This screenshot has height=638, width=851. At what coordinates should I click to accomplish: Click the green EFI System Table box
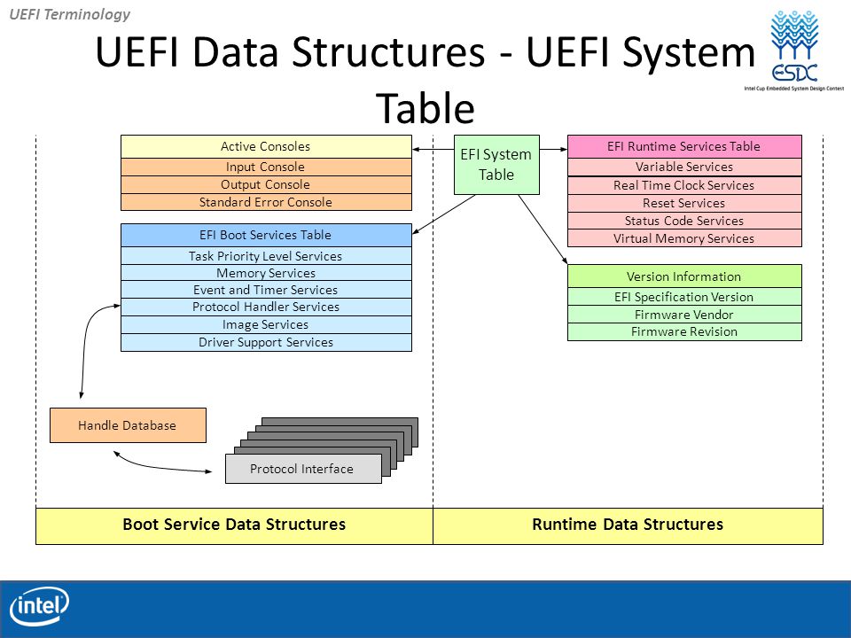click(496, 165)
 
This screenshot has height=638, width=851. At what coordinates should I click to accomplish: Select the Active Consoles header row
click(266, 146)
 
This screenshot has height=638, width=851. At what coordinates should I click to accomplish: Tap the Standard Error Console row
click(266, 202)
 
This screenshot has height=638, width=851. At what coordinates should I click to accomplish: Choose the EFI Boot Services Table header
click(266, 235)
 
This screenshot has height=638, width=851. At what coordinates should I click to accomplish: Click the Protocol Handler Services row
click(266, 307)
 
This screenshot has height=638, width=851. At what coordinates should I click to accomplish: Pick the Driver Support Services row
click(266, 342)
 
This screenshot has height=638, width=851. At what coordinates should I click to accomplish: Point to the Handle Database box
click(128, 425)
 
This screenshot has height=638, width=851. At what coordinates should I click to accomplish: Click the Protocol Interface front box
click(303, 469)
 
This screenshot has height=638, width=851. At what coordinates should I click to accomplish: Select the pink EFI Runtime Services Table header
click(684, 146)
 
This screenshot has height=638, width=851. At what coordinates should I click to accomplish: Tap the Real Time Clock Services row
click(684, 185)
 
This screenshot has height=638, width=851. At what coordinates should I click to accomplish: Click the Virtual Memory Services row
click(684, 238)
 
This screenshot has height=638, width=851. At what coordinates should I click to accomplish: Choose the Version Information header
click(684, 276)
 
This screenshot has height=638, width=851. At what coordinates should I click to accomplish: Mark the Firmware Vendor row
click(684, 315)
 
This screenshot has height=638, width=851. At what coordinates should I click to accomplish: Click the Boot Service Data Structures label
click(234, 525)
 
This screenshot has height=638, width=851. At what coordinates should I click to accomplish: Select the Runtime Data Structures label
click(628, 525)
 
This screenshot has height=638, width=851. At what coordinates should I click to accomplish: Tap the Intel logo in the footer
click(39, 606)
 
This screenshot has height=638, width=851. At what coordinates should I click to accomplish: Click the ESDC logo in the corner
click(794, 50)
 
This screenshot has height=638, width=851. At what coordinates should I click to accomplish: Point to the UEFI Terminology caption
click(70, 14)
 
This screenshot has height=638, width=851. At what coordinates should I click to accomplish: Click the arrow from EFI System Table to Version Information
click(543, 230)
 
